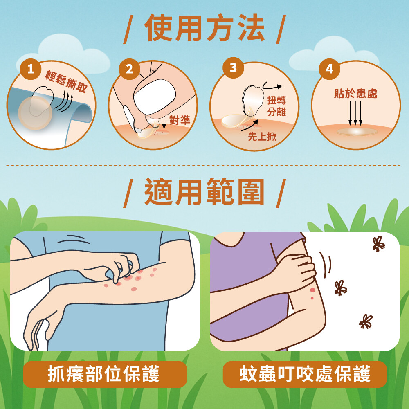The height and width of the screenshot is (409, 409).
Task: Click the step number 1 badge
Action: click(31, 69)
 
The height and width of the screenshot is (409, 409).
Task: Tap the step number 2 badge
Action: click(129, 69)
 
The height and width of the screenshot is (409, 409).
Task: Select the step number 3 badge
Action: click(233, 68)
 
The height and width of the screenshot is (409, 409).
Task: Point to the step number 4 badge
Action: click(329, 69)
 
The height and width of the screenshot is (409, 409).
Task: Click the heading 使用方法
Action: click(204, 28)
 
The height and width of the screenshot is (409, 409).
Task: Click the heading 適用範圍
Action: click(204, 192)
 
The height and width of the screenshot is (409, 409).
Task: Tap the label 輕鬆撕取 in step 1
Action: click(66, 81)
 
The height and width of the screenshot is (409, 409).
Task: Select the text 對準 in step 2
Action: click(180, 120)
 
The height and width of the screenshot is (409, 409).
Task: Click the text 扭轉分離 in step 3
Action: click(276, 106)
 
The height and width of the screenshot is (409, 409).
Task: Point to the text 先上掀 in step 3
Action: click(262, 137)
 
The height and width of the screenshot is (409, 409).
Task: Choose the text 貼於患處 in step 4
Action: click(355, 93)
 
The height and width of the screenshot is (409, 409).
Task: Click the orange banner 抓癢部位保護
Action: click(105, 374)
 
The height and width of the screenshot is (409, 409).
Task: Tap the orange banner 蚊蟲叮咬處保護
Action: click(305, 374)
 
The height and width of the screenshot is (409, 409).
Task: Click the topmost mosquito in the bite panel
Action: click(378, 244)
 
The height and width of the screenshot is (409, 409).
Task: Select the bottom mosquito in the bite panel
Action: click(366, 321)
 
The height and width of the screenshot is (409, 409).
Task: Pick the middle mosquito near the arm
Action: click(341, 288)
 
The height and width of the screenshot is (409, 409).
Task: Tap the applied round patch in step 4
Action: click(357, 132)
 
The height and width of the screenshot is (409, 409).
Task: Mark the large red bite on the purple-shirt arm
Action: click(312, 290)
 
